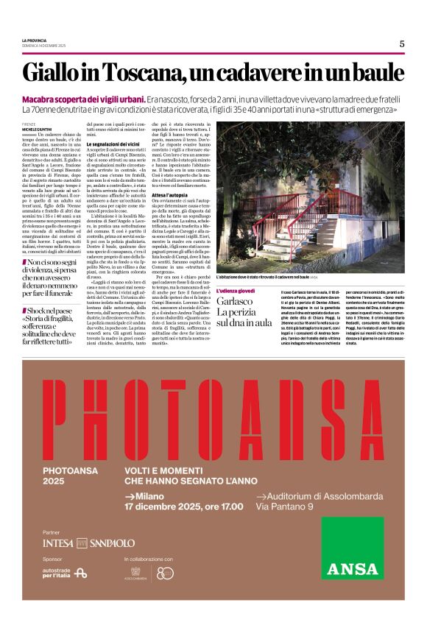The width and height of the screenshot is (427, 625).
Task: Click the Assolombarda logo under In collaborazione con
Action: tap(135, 572)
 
